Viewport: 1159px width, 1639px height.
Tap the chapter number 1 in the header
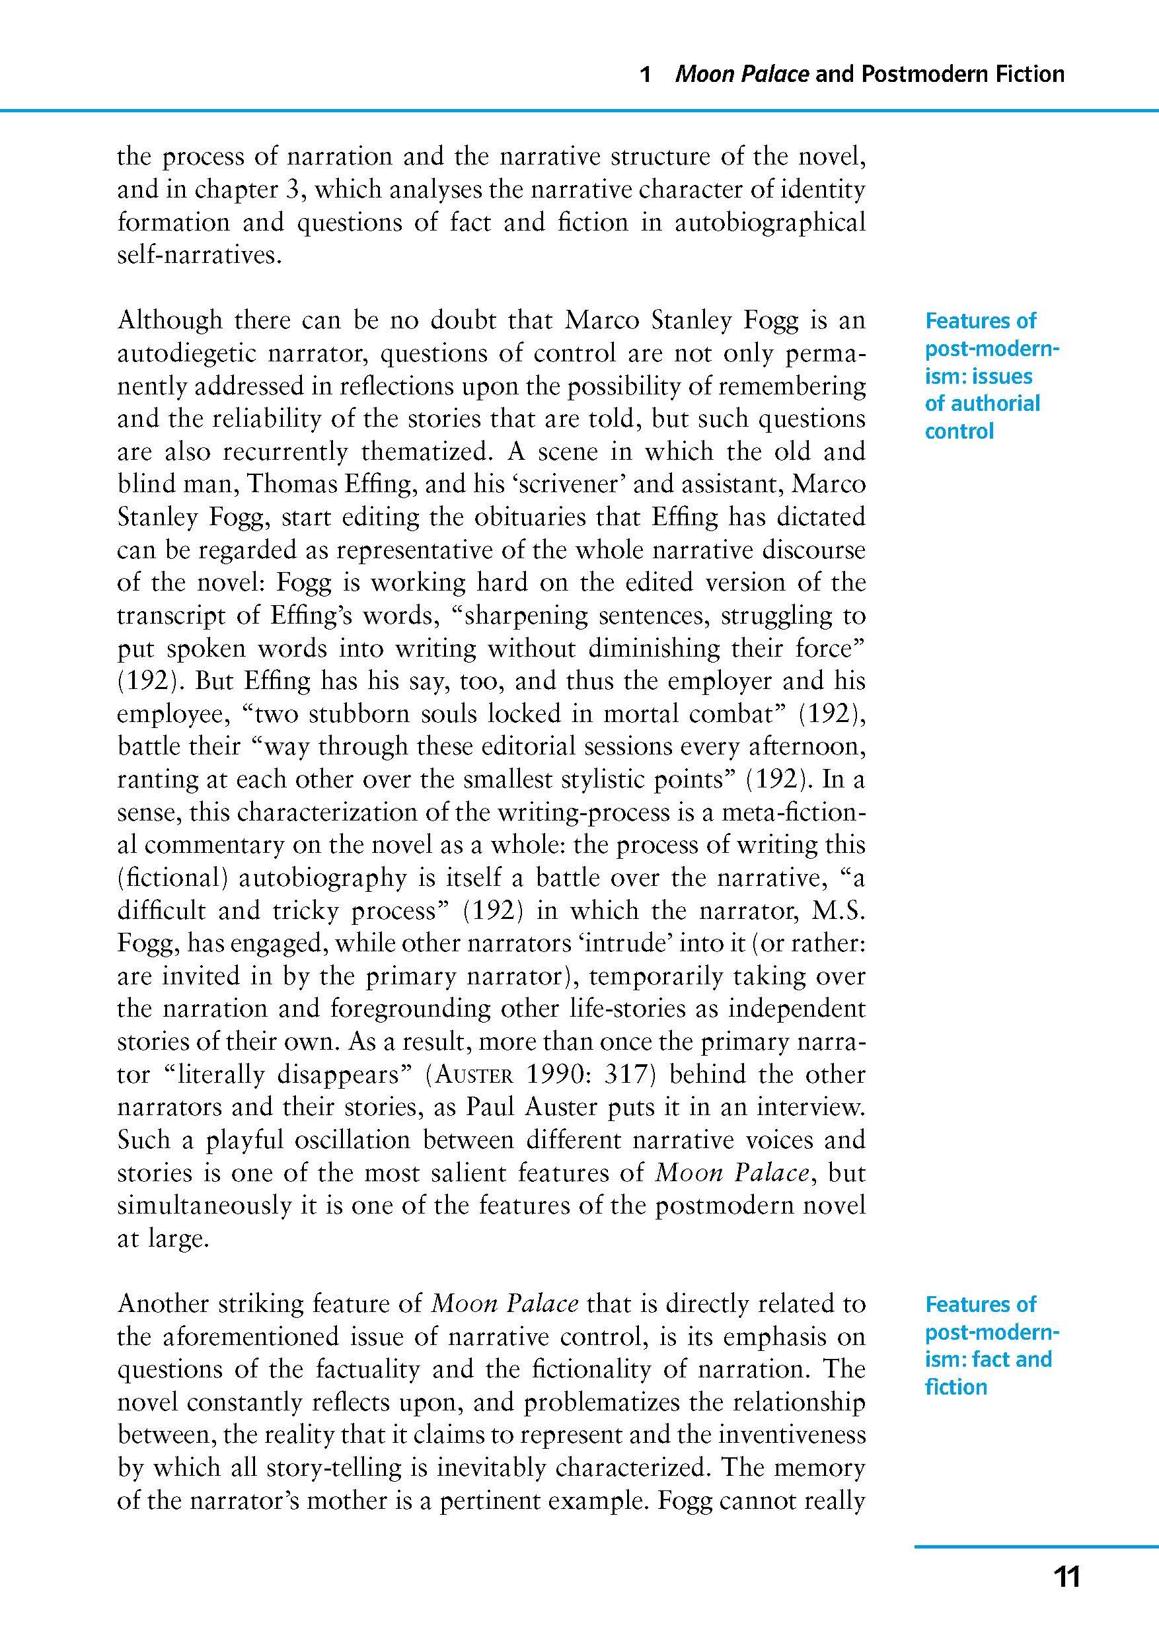(646, 74)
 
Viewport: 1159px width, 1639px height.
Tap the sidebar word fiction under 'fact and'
(955, 1387)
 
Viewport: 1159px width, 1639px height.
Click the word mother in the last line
(275, 1500)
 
